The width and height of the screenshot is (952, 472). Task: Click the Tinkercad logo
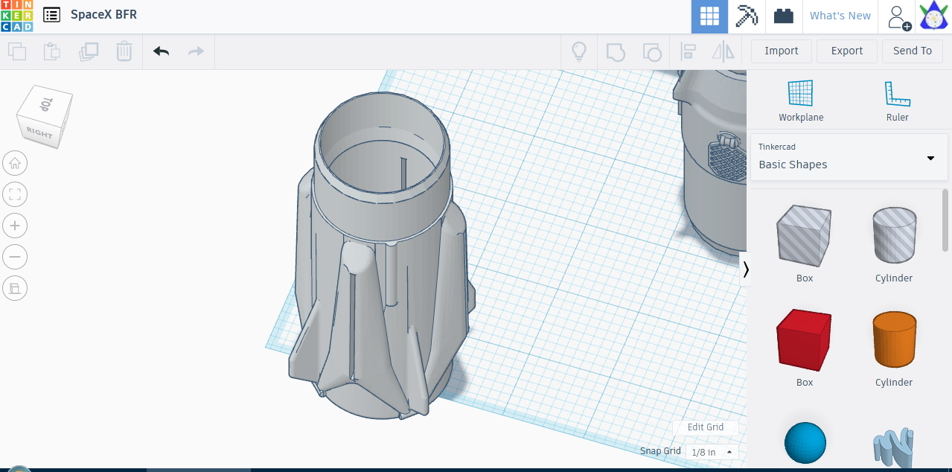pos(16,16)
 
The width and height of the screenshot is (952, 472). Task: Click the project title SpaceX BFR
pos(103,15)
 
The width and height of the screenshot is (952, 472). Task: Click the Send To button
pos(912,51)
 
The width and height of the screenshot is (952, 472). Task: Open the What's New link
pos(840,16)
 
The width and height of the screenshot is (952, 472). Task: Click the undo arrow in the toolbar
pos(161,51)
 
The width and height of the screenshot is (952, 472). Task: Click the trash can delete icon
pos(124,51)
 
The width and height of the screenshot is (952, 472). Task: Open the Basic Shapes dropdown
pos(849,157)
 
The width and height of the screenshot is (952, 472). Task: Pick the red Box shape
pos(804,342)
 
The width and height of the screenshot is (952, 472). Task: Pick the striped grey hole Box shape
pos(804,236)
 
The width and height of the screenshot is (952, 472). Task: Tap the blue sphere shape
pos(805,443)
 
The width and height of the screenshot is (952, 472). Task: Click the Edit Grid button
pos(705,427)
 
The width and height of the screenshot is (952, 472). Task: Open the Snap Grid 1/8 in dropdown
pos(712,452)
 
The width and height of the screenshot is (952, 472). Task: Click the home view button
pos(15,163)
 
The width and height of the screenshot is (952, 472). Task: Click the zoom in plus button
pos(15,226)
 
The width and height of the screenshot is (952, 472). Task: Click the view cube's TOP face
pos(47,104)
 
